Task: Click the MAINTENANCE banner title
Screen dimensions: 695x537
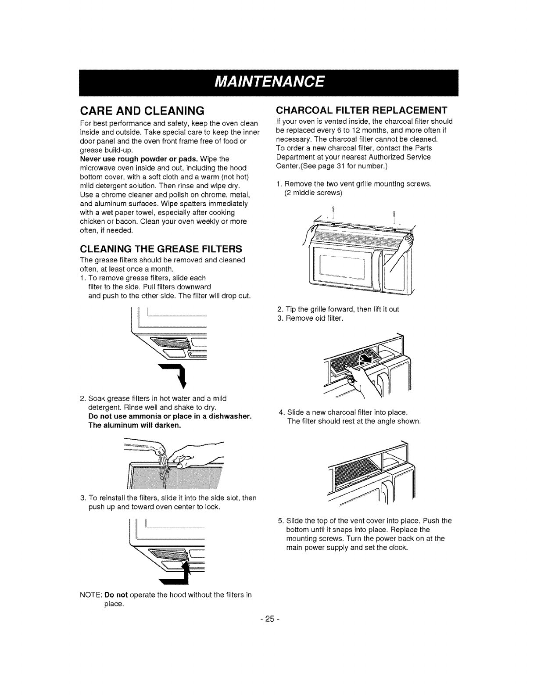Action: (268, 82)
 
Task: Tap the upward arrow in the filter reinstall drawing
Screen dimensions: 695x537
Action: (187, 573)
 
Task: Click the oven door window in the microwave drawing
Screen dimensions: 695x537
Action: (342, 270)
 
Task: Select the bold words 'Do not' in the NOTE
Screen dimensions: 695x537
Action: (116, 595)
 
